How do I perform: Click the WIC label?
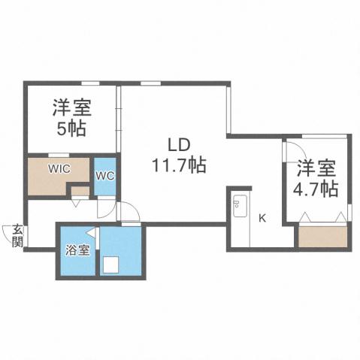tap(59, 168)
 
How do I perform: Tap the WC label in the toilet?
tap(105, 176)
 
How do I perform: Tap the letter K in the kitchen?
tap(262, 219)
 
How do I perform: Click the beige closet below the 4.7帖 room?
tap(322, 237)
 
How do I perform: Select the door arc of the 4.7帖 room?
tap(292, 148)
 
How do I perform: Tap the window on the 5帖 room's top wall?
tap(91, 82)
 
